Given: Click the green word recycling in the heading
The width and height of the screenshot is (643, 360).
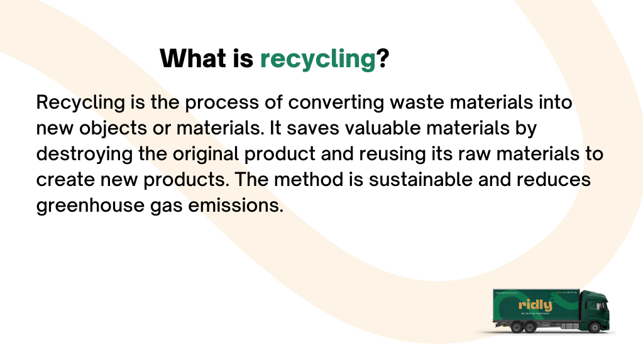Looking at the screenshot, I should click(x=317, y=59).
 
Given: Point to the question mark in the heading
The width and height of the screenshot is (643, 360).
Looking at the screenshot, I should click(x=382, y=59).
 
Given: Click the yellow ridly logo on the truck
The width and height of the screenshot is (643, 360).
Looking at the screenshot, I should click(x=535, y=306).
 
